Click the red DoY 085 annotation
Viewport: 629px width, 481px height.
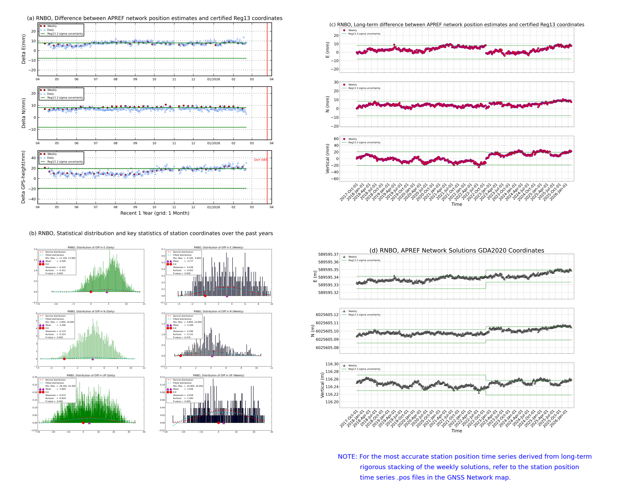pos(260,160)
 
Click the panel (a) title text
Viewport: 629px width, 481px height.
pos(155,18)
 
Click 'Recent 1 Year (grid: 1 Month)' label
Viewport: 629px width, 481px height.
pos(155,213)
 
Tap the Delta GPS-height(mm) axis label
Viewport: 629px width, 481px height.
pos(23,177)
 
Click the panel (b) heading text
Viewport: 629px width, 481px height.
pos(151,233)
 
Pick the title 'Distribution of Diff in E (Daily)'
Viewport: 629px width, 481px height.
pos(91,247)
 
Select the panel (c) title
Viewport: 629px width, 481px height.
pos(456,25)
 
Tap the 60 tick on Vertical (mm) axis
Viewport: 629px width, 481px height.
pos(336,139)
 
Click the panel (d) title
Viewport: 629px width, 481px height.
pos(456,250)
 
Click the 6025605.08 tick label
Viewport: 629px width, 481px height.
pos(327,348)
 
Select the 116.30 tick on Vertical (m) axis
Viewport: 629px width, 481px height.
pos(332,364)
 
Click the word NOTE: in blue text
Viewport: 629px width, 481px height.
pos(347,457)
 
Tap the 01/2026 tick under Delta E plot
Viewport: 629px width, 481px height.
pos(213,79)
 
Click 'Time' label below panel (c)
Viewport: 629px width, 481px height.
pos(456,204)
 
